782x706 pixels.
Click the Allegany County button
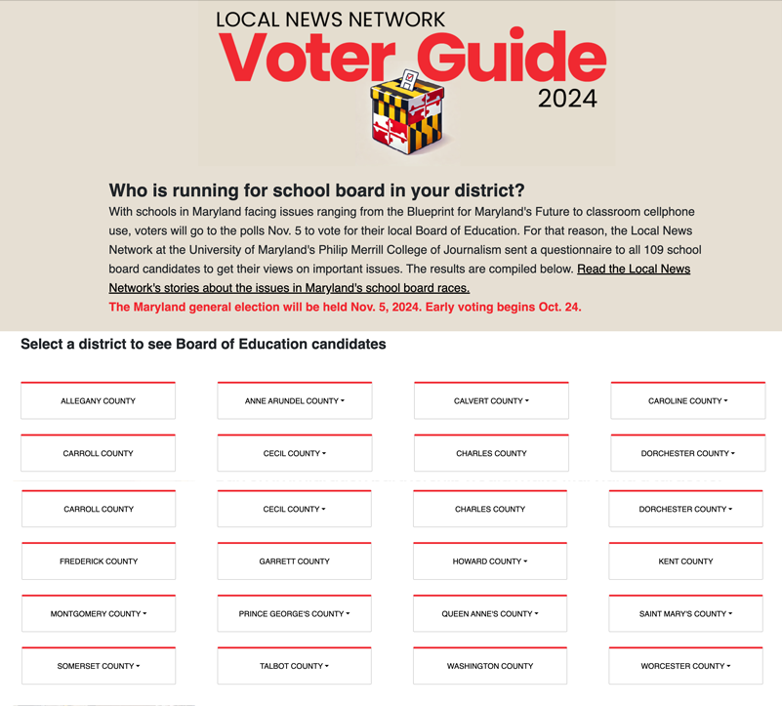pyautogui.click(x=98, y=401)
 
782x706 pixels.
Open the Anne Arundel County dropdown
pyautogui.click(x=295, y=401)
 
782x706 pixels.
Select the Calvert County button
pyautogui.click(x=491, y=401)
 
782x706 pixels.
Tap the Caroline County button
pyautogui.click(x=687, y=401)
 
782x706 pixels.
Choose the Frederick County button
pyautogui.click(x=98, y=561)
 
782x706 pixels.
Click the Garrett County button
pyautogui.click(x=294, y=561)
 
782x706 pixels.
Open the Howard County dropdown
pyautogui.click(x=490, y=561)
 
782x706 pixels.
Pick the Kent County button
pyautogui.click(x=685, y=561)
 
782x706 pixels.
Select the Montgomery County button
pyautogui.click(x=98, y=614)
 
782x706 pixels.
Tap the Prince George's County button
pyautogui.click(x=294, y=614)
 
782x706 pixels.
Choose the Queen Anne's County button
pyautogui.click(x=490, y=614)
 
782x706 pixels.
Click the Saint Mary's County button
pyautogui.click(x=685, y=614)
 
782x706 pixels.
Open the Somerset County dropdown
pyautogui.click(x=98, y=666)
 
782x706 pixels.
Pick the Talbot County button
pyautogui.click(x=294, y=666)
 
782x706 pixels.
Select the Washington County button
pyautogui.click(x=490, y=666)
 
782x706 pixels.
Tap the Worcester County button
pyautogui.click(x=685, y=666)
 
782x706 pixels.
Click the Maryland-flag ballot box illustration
pyautogui.click(x=408, y=114)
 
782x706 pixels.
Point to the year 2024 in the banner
pyautogui.click(x=567, y=99)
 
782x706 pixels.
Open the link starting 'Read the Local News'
pyautogui.click(x=633, y=269)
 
